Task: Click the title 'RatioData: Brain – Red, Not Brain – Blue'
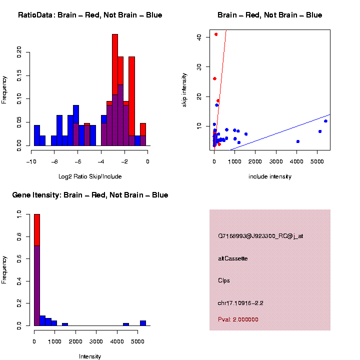click(90, 15)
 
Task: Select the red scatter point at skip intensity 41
click(216, 34)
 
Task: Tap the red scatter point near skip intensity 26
click(214, 78)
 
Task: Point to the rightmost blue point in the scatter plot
click(325, 121)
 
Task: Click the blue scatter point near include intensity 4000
click(297, 141)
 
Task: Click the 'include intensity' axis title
click(269, 176)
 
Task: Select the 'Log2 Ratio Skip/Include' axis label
click(90, 176)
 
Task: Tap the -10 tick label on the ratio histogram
click(31, 161)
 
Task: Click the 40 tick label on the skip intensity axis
click(199, 36)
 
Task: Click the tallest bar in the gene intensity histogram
click(36, 270)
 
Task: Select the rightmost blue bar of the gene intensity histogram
click(143, 323)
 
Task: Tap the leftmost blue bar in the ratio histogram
click(36, 135)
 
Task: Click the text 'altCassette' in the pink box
click(233, 258)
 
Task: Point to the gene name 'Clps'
click(224, 280)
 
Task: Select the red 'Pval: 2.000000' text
click(238, 319)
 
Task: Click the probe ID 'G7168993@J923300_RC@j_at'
click(260, 236)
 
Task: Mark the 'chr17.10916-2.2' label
click(240, 303)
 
